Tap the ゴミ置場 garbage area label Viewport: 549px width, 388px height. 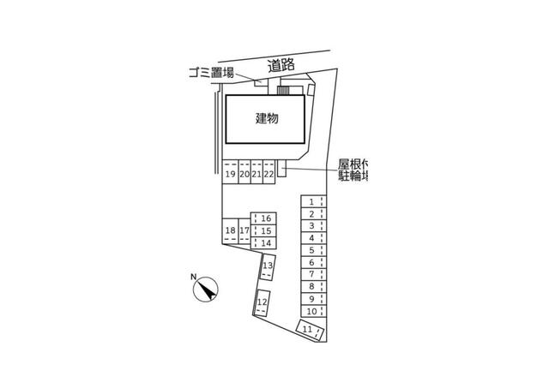pyautogui.click(x=210, y=73)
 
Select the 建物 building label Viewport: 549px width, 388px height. pyautogui.click(x=267, y=119)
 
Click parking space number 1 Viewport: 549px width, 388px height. pyautogui.click(x=311, y=202)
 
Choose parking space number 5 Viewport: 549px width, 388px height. pyautogui.click(x=311, y=251)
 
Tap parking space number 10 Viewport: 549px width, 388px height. pyautogui.click(x=311, y=312)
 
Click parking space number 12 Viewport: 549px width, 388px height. pyautogui.click(x=262, y=302)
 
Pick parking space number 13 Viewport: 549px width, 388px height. pyautogui.click(x=268, y=266)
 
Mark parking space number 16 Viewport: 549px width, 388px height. pyautogui.click(x=267, y=219)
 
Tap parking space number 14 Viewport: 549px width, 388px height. pyautogui.click(x=267, y=243)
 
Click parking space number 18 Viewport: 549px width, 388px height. pyautogui.click(x=230, y=231)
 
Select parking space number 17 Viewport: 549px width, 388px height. pyautogui.click(x=244, y=231)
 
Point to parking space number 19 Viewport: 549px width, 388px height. pyautogui.click(x=230, y=174)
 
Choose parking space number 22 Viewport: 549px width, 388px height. pyautogui.click(x=268, y=174)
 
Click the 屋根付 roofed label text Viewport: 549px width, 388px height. pyautogui.click(x=353, y=163)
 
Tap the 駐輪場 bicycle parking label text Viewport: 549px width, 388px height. pyautogui.click(x=353, y=176)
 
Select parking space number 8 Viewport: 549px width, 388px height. pyautogui.click(x=311, y=287)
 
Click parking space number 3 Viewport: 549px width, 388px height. pyautogui.click(x=311, y=226)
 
